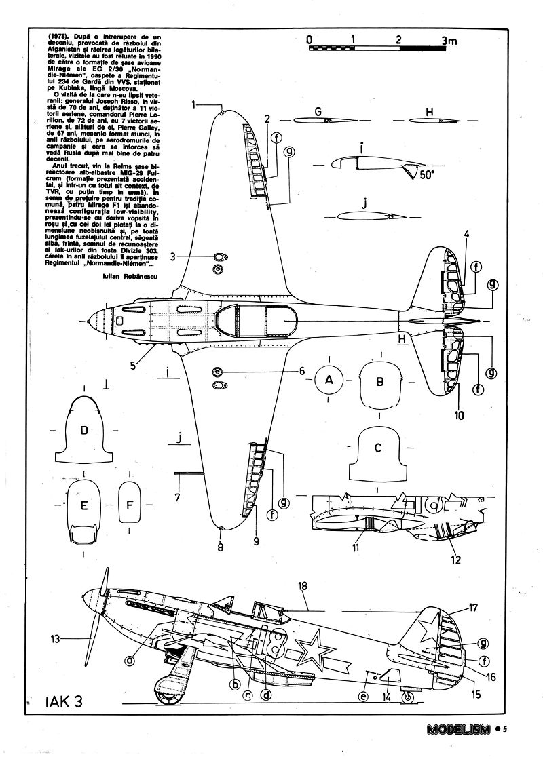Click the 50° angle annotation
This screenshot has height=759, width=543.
point(426,174)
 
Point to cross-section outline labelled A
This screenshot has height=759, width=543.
point(329,381)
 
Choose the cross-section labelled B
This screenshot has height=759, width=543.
point(380,382)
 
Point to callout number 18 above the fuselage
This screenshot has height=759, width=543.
point(303,586)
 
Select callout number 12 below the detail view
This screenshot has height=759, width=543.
point(455,560)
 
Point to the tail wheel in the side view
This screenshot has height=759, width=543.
point(407,697)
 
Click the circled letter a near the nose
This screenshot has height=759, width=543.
point(128,659)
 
